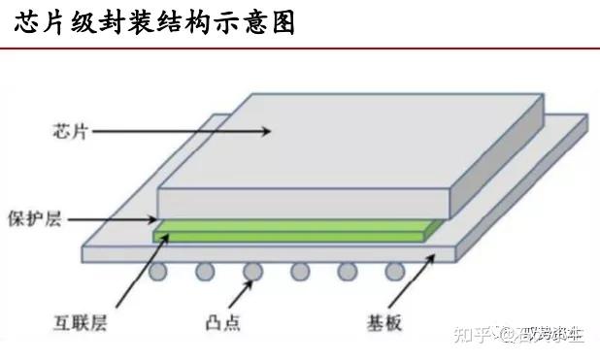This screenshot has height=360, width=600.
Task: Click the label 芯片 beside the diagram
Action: (x=71, y=130)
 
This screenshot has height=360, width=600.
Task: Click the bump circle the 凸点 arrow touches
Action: (x=253, y=272)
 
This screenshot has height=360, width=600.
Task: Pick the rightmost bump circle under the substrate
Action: (x=393, y=272)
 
